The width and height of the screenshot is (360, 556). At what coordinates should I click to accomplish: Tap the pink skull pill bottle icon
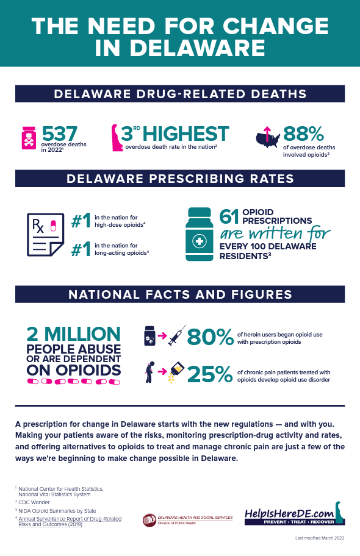coord(29,138)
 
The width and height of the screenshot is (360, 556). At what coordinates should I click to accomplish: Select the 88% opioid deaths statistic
coord(303,134)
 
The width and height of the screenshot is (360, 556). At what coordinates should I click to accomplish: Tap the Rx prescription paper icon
coord(45,234)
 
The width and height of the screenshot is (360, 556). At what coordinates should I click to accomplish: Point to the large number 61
coord(229,217)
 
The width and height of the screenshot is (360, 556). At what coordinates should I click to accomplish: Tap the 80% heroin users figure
coord(210,337)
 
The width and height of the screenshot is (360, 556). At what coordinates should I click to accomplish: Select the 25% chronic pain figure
coord(210,374)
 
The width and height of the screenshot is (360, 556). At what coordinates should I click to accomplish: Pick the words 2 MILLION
coord(73,334)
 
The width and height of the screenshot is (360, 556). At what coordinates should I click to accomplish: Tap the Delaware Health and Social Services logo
coord(187,519)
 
